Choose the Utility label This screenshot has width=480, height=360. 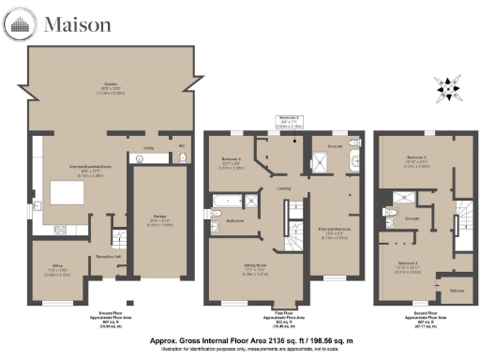148,147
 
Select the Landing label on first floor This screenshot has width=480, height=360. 282,187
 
